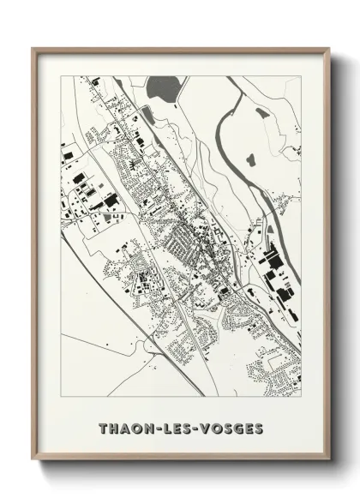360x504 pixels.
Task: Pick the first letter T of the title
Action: pos(103,427)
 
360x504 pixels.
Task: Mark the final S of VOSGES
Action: pos(258,427)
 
